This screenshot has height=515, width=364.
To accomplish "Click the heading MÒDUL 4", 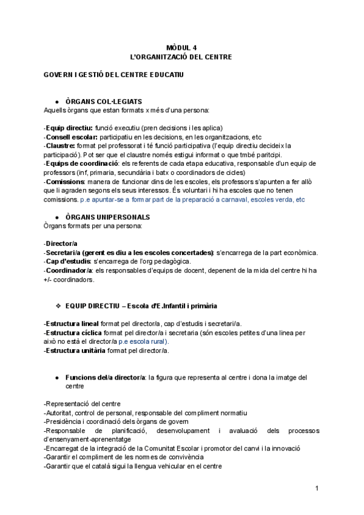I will pos(181,47).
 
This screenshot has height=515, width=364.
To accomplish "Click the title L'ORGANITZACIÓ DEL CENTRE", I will pos(181,56).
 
